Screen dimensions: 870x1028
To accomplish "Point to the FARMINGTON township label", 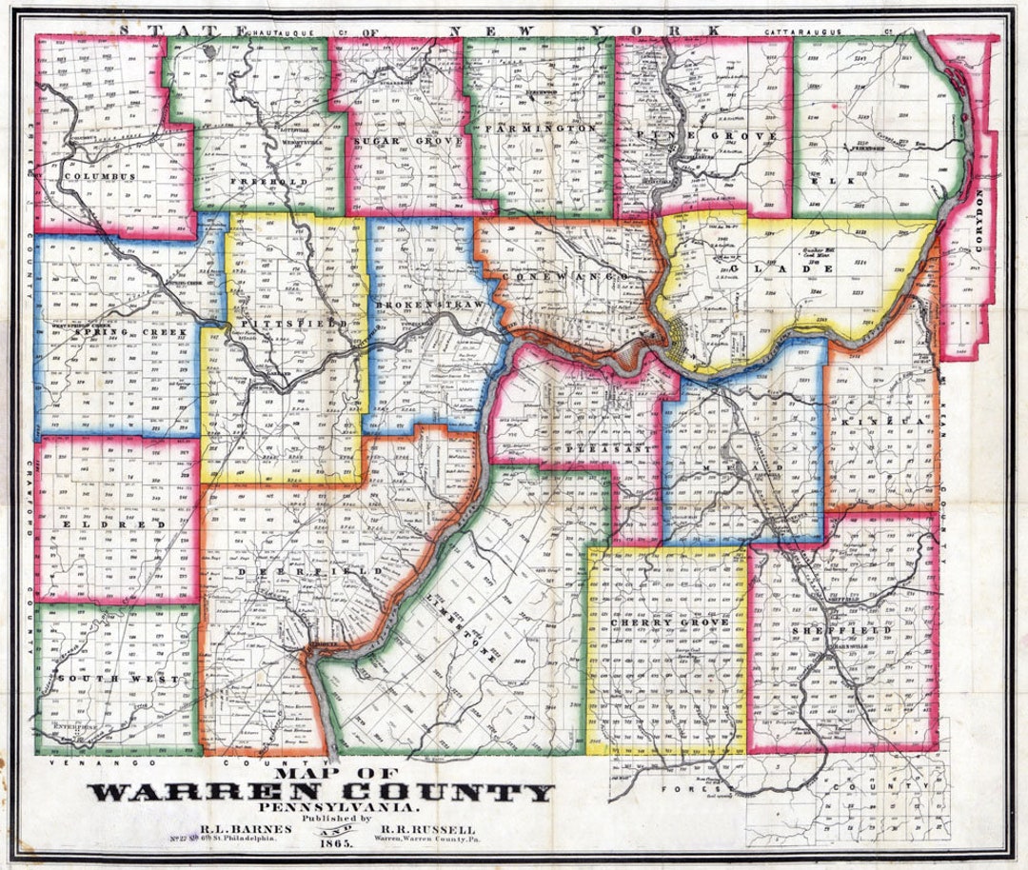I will (540, 128).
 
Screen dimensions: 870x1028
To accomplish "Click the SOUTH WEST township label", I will (117, 679).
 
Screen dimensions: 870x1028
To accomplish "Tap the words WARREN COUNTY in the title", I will (323, 791).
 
